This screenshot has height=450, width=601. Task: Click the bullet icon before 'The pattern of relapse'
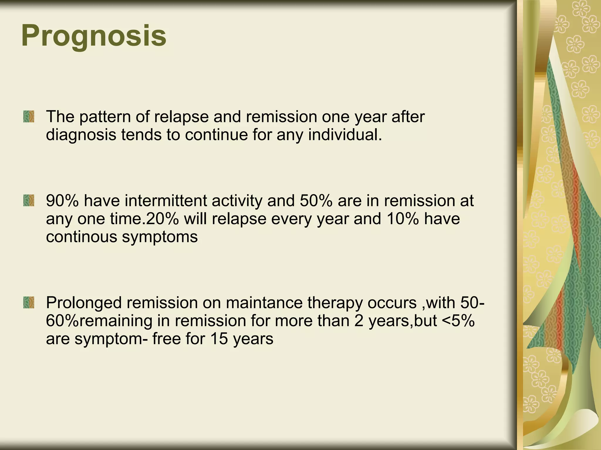tap(28, 117)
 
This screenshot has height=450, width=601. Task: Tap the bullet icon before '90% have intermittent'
tap(28, 201)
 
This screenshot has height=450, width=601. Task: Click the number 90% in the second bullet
tap(63, 201)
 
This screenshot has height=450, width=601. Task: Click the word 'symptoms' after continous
tap(160, 237)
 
